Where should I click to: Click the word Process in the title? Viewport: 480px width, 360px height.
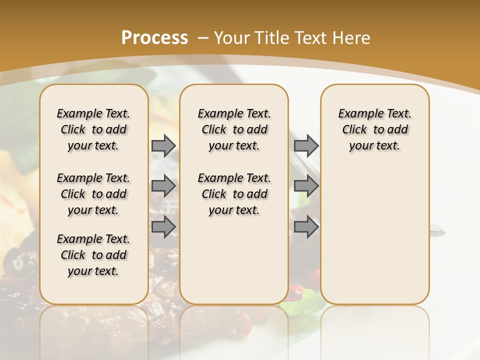point(154,37)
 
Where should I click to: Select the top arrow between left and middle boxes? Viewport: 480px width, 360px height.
point(163,145)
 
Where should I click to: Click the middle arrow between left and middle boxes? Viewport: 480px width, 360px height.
point(163,186)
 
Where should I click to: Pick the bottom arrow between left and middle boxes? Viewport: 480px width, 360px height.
point(163,226)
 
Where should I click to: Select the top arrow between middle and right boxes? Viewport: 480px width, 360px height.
point(306,145)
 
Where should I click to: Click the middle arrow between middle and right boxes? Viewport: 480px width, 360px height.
point(306,186)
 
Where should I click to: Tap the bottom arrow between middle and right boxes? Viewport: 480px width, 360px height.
point(306,226)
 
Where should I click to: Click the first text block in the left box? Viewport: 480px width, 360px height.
point(93,129)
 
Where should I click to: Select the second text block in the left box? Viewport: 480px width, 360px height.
point(93,194)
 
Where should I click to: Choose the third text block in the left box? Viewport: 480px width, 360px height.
point(93,255)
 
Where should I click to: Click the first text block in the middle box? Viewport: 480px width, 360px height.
point(234,129)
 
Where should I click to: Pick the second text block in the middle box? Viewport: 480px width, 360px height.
point(234,194)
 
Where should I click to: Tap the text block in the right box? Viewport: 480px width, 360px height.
point(375,129)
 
